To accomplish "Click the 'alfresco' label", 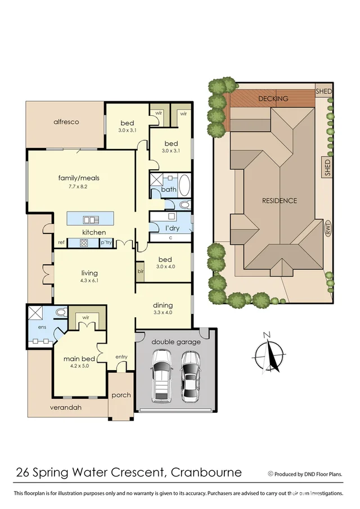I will click(x=66, y=121).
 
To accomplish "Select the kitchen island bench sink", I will click(x=90, y=219).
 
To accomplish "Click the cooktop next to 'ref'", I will click(x=84, y=243).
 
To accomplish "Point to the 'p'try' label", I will click(x=106, y=243).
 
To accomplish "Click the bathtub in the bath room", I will click(x=184, y=184).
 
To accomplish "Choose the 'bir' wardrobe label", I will click(x=140, y=271).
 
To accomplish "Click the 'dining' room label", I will click(x=163, y=305).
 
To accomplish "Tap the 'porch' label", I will click(x=121, y=395).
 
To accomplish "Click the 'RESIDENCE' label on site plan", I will click(x=279, y=200).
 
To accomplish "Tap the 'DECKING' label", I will click(x=273, y=98).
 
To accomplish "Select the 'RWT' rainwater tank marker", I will click(x=327, y=230).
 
